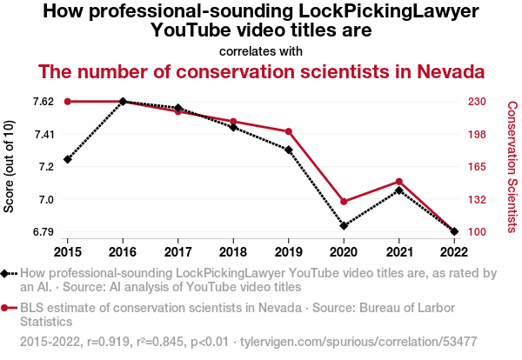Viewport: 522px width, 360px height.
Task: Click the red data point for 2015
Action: coord(68,102)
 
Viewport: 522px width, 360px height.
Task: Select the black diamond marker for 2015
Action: coord(68,160)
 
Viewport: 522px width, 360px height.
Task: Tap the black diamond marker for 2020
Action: coord(344,226)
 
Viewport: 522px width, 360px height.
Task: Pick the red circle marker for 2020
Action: coord(344,202)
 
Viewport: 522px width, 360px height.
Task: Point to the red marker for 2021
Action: coord(399,182)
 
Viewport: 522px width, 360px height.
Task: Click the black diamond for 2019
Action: coord(289,150)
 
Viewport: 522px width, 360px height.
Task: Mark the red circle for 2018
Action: coord(233,122)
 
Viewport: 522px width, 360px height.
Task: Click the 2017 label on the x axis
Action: coord(178,252)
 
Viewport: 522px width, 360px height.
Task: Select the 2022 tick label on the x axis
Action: coord(454,252)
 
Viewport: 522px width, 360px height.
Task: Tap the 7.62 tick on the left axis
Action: coord(43,102)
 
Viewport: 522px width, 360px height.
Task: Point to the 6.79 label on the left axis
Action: coord(43,231)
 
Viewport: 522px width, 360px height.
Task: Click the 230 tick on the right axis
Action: coord(477,102)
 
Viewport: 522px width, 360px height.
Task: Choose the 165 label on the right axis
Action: coord(477,166)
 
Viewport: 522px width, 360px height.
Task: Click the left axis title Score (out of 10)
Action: coord(9,166)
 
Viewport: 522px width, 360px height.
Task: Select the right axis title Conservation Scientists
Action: coord(512,167)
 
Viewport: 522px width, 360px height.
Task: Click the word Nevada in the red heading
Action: coord(451,72)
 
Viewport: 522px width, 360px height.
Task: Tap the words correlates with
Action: coord(261,51)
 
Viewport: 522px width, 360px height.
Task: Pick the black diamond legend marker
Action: coord(4,274)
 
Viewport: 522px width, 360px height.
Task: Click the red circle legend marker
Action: coord(4,309)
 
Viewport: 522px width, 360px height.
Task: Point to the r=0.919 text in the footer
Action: coord(108,342)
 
